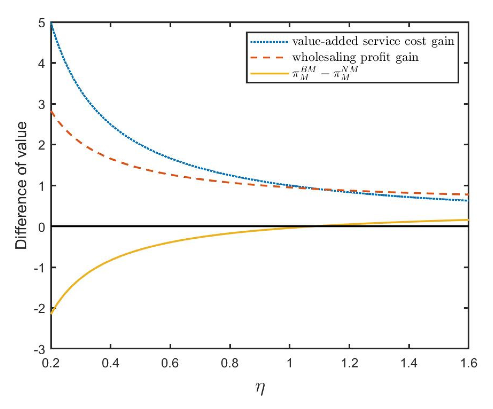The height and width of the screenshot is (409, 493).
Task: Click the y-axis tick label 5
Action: (x=42, y=23)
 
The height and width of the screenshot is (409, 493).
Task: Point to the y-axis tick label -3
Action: (x=40, y=350)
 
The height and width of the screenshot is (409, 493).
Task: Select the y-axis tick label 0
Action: (x=42, y=227)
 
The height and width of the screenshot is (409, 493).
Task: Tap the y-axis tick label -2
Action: (x=40, y=308)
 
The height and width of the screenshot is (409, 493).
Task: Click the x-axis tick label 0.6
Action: (x=170, y=363)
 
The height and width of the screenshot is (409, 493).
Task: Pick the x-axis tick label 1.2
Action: (x=349, y=363)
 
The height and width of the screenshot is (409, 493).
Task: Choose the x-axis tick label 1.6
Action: (x=468, y=363)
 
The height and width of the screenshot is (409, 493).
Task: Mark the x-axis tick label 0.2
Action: (x=51, y=363)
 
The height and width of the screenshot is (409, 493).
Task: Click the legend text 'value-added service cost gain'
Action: (x=373, y=41)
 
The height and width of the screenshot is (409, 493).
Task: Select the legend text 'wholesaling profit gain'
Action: (x=355, y=57)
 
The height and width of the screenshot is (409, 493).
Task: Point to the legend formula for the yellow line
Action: (x=325, y=73)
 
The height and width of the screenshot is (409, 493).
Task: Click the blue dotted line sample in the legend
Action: (x=269, y=42)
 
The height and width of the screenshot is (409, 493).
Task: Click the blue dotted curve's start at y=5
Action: (x=51, y=23)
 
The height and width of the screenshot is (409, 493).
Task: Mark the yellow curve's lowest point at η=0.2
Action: (x=51, y=313)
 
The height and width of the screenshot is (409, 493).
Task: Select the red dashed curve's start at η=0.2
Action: (x=51, y=111)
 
